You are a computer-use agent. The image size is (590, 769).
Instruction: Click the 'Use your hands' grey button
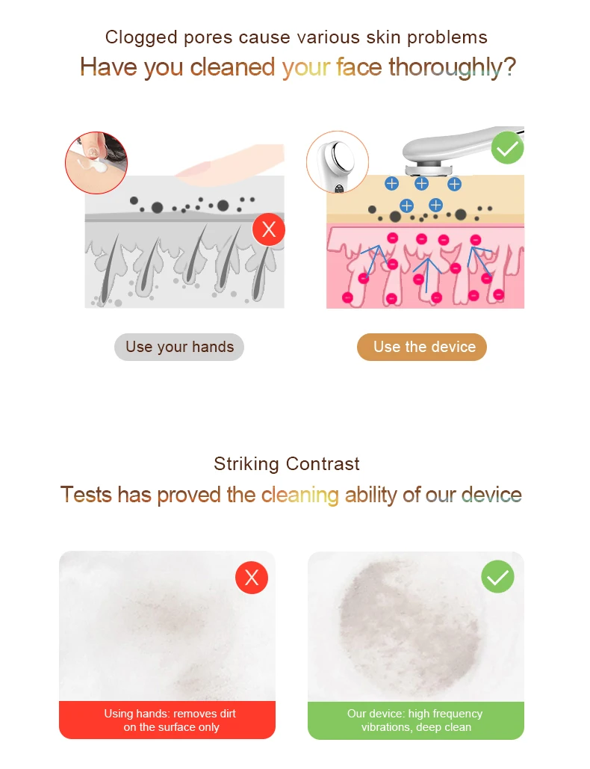179,347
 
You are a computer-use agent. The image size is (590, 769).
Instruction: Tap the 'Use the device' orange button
422,347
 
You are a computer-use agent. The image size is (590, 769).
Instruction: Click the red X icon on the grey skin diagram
269,229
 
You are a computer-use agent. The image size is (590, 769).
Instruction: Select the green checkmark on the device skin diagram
508,148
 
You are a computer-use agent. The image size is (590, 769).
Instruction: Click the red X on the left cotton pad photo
252,578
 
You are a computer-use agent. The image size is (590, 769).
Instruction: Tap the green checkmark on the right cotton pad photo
498,577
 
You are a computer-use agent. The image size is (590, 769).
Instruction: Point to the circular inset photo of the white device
337,162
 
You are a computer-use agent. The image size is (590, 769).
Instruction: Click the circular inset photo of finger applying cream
96,163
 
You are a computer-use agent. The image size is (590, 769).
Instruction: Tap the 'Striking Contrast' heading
287,464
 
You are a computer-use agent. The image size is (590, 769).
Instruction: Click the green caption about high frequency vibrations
416,720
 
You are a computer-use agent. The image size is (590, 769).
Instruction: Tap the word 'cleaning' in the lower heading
299,495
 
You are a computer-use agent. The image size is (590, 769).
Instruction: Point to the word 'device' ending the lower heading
491,495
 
